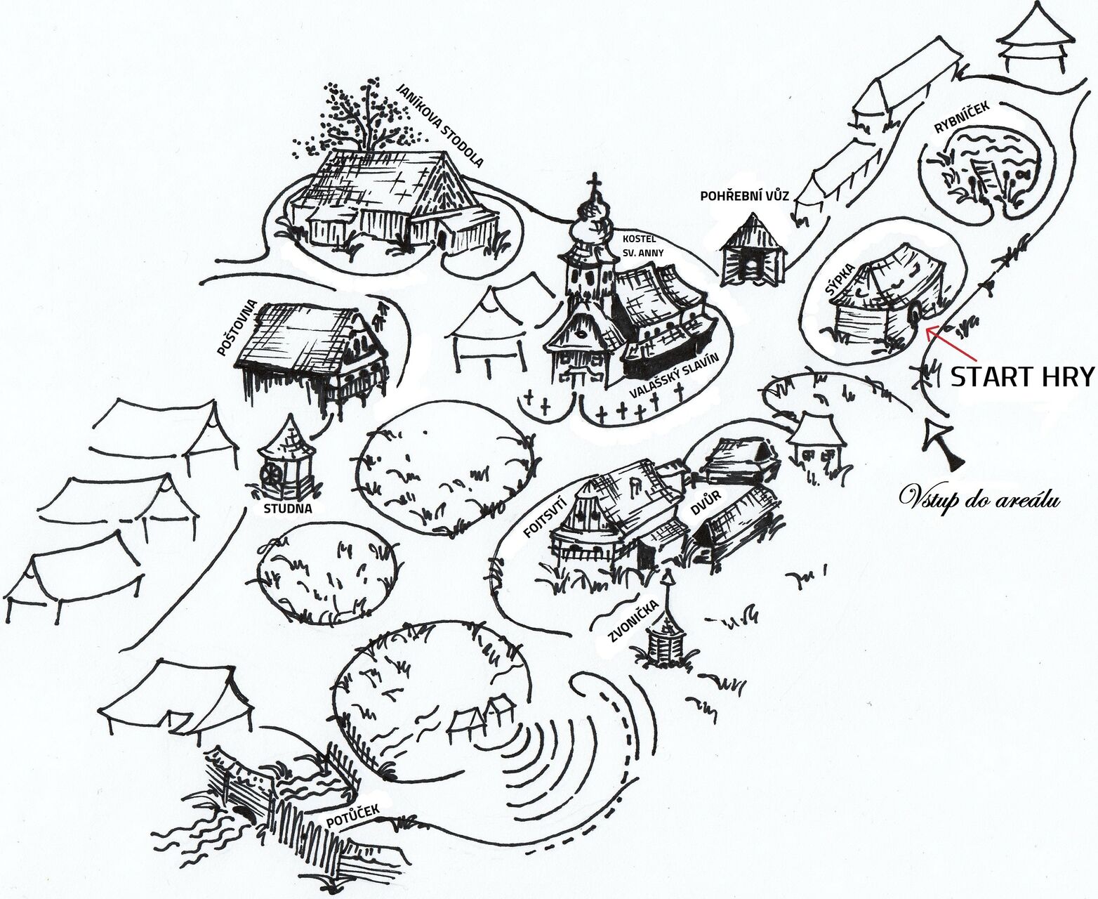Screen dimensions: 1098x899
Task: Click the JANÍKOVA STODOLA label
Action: pyautogui.click(x=440, y=124)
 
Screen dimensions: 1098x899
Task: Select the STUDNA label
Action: pyautogui.click(x=288, y=509)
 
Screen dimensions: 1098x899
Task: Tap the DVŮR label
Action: pyautogui.click(x=706, y=503)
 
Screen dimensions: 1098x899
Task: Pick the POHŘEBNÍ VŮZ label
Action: pyautogui.click(x=744, y=197)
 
